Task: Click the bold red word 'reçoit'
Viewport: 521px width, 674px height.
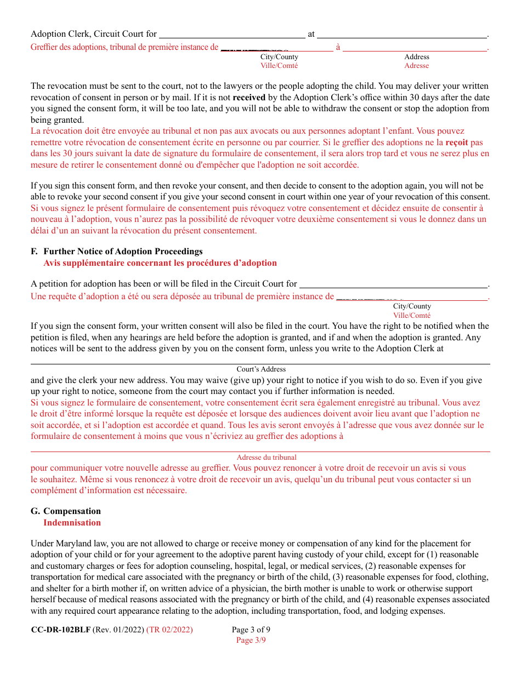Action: coord(457,142)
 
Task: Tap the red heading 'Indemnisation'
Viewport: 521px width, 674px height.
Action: coord(72,523)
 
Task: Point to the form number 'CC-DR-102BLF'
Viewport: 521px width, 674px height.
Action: coord(61,630)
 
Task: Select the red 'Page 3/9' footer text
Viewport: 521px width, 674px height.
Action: coord(251,640)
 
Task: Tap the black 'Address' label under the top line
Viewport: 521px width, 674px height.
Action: coord(417,57)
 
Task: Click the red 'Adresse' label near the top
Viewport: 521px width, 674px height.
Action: coord(417,66)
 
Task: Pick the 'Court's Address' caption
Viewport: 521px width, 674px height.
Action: coord(261,369)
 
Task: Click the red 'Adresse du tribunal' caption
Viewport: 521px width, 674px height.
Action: coord(267,458)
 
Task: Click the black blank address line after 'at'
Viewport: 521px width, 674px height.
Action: coord(402,36)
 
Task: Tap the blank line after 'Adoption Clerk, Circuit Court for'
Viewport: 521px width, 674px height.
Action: coord(232,36)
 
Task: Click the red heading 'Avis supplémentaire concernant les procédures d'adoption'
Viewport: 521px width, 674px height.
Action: coord(160,263)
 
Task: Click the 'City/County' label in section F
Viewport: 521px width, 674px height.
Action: coord(412,306)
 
